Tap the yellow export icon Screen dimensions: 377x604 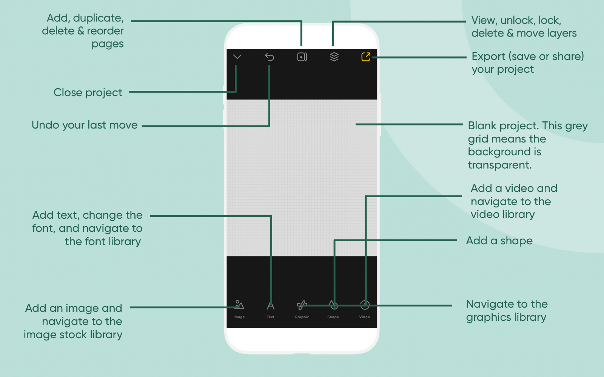pos(366,57)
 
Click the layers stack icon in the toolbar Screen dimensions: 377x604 pos(334,57)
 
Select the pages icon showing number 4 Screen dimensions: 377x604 pos(302,57)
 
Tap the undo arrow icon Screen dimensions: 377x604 pos(270,57)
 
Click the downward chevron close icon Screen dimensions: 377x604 pos(237,57)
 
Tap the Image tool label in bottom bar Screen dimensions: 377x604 pos(239,317)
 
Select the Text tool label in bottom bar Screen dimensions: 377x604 pos(271,317)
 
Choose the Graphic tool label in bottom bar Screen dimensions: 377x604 pos(302,317)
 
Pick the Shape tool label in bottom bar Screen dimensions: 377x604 pos(333,317)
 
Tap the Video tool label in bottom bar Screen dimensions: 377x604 pos(365,317)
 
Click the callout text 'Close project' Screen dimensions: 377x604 pos(88,93)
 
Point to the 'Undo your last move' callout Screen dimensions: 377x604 pos(85,125)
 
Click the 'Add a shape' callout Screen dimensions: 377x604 pos(499,241)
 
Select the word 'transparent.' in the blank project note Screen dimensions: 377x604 pos(499,165)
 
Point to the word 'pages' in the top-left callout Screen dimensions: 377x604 pos(108,44)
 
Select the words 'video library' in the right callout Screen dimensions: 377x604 pos(502,215)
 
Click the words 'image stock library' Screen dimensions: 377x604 pos(73,335)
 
